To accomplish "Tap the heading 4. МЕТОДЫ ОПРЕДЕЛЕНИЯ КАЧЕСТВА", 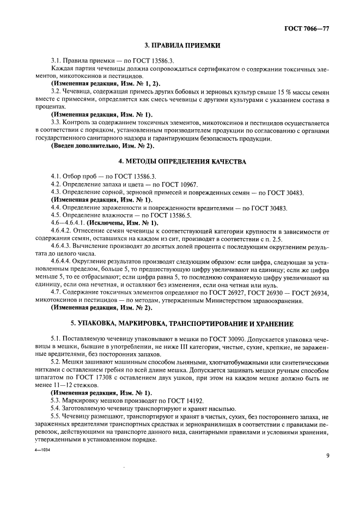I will coord(180,162).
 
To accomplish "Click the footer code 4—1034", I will coord(39,443).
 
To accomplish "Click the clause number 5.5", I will coord(56,415).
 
